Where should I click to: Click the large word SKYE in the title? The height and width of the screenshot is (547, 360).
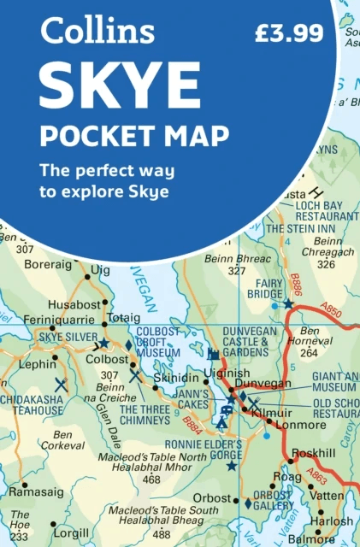[119, 85]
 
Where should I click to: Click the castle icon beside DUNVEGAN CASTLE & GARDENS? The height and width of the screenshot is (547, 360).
[213, 353]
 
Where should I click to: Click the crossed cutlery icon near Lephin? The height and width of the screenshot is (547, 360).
[62, 385]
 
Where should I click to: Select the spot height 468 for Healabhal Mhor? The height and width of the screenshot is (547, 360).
[152, 479]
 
